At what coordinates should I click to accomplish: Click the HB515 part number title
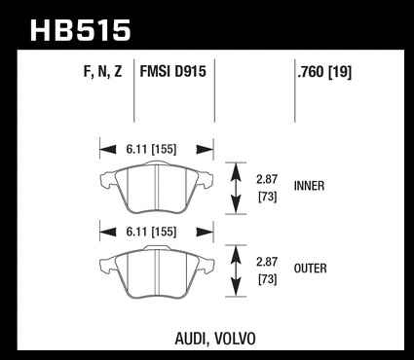pos(80,30)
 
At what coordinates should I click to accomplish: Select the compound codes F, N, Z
pos(102,71)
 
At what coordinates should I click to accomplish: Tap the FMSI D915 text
pos(172,71)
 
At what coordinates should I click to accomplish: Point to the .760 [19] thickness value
pos(324,72)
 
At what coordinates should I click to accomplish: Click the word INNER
pos(309,186)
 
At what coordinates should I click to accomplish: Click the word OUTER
pos(310,269)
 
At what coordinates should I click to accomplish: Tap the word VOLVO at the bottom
pos(236,339)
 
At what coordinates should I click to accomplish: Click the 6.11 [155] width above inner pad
pos(151,150)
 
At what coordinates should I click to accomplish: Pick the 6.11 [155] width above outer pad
pos(151,233)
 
